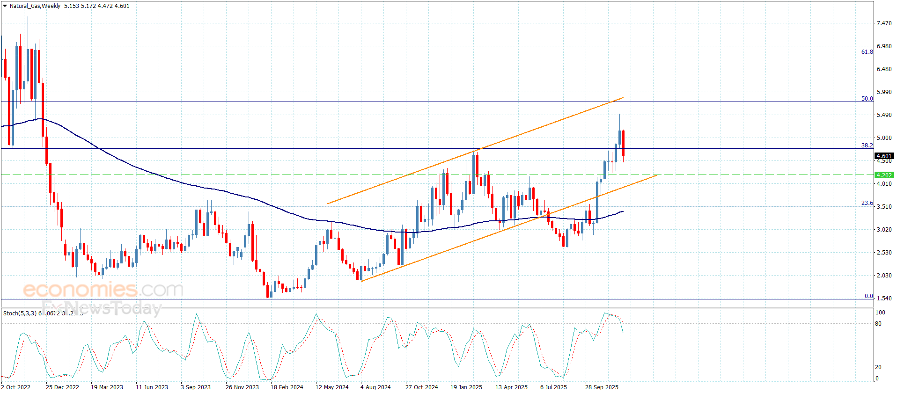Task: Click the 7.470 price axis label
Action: tap(884, 23)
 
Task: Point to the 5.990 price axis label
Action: tap(884, 92)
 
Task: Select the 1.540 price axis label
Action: tap(884, 298)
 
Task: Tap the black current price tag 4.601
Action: tap(884, 156)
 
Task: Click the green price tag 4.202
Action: tap(884, 175)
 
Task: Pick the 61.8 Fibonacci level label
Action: tap(867, 52)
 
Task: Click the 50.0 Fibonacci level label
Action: tap(867, 99)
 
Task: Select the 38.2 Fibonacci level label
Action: tap(867, 146)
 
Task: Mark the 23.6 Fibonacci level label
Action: tap(867, 203)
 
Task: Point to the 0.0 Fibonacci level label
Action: tap(868, 296)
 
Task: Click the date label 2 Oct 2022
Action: tap(16, 387)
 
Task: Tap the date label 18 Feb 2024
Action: tap(287, 387)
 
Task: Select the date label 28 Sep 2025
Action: tap(602, 387)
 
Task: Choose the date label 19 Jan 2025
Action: tap(466, 387)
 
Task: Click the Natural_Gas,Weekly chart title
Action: tap(35, 6)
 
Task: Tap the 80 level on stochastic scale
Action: tap(878, 324)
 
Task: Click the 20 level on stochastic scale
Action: tap(878, 367)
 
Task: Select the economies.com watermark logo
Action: tap(103, 290)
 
